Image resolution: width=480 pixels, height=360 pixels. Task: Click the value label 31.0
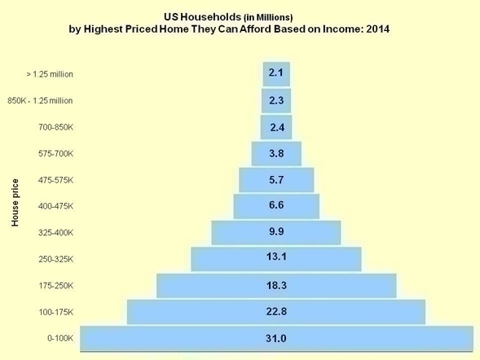(x=275, y=338)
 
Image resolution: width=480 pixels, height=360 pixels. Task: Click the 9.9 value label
(x=275, y=232)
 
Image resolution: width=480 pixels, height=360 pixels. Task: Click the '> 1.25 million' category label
(x=50, y=74)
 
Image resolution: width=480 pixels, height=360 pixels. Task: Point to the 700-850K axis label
(x=55, y=127)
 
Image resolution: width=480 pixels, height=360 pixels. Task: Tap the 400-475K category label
(x=55, y=206)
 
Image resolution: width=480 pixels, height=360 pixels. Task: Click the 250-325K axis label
(x=55, y=259)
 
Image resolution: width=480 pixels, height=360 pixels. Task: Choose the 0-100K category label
(x=60, y=338)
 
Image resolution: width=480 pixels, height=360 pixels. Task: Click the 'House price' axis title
(x=15, y=204)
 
